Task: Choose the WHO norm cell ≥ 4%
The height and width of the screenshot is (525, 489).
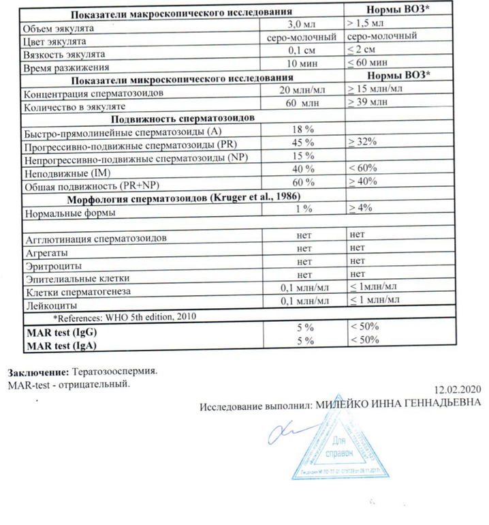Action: tap(360, 211)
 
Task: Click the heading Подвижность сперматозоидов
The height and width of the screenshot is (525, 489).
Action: tap(161, 117)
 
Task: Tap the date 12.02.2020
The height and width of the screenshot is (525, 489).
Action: tap(458, 390)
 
